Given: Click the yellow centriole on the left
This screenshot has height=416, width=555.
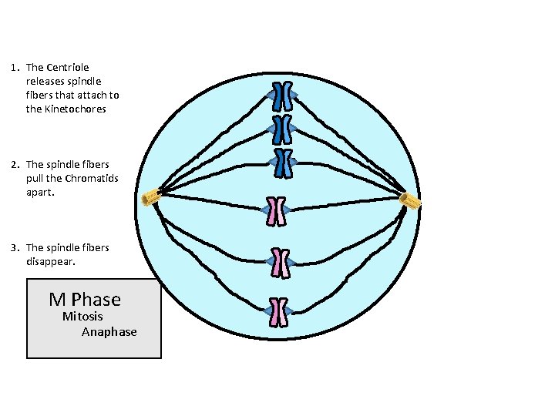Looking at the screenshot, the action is pos(150,197).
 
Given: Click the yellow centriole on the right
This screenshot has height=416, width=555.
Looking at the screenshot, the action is pos(410,201).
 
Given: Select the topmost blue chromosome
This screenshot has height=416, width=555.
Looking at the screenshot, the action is pos(283,96).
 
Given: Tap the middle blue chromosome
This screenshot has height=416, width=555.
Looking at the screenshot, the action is pos(283,129).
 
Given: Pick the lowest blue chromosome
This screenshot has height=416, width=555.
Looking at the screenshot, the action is pos(283,163).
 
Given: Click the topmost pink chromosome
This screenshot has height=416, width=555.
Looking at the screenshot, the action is pos(275,210).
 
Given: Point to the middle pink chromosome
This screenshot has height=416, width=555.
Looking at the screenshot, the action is pos(279,263).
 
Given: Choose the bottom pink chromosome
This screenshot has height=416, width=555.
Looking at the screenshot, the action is pos(278,312).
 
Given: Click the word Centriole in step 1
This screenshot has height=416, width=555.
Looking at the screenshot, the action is pos(69,68).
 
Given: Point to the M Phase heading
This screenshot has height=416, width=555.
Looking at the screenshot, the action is pos(85,299).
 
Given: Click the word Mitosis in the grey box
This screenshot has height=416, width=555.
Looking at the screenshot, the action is pos(82,317).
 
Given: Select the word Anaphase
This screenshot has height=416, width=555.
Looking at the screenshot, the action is pos(109,332).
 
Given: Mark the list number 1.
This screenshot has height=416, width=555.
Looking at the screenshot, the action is pos(15,68).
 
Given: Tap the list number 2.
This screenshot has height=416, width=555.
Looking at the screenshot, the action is pos(15,164).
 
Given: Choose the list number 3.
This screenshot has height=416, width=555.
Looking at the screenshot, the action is pos(15,247).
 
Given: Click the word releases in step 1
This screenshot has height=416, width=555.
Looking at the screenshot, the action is pos(48,82).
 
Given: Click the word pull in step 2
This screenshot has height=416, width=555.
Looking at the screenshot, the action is pos(35,178).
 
